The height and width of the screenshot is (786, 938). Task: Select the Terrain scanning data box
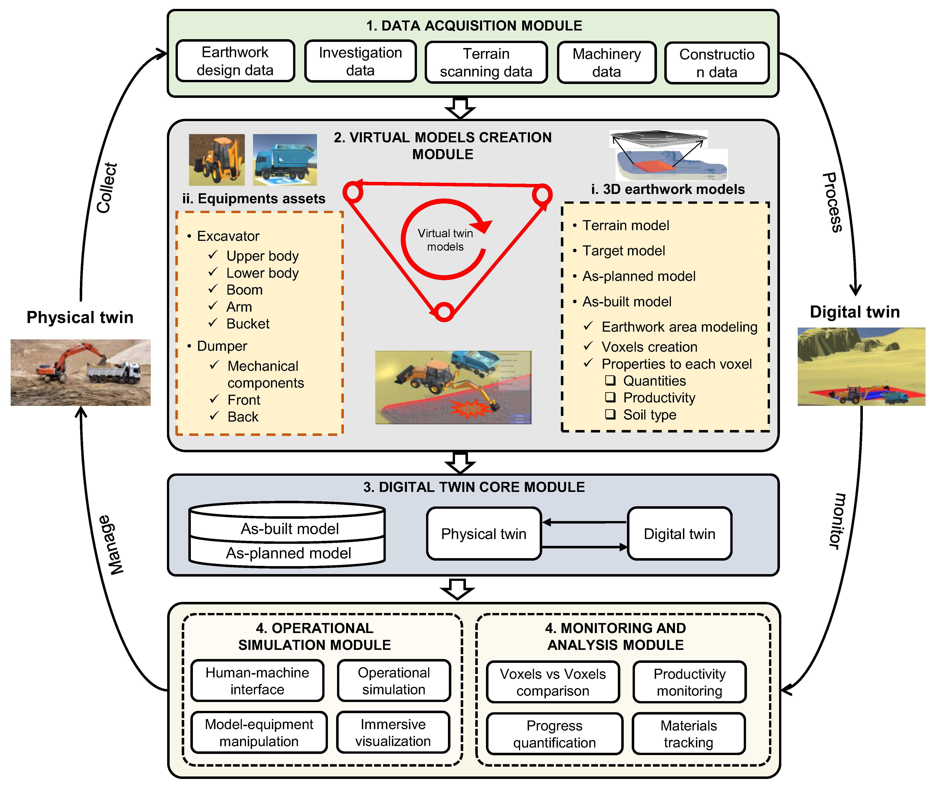pos(486,63)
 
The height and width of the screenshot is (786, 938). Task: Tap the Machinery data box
pos(607,63)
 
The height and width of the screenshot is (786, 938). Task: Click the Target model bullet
pos(624,251)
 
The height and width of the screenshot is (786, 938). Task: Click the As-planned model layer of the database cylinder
pos(288,553)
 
